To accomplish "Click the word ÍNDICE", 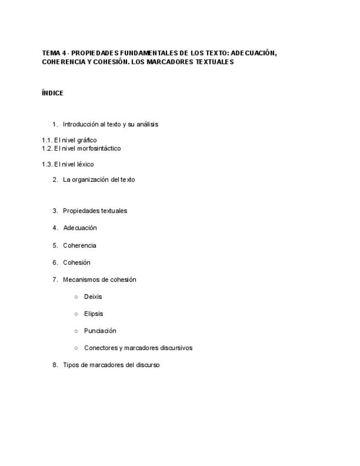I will pos(52,93).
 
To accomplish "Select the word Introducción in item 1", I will pos(80,124).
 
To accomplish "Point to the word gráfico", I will pos(87,140).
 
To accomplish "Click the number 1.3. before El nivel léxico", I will pos(47,164).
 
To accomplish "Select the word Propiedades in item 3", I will pos(80,210).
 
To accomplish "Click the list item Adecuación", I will pos(80,228).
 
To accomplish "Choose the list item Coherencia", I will pos(79,246).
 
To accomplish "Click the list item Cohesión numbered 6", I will pos(76,263).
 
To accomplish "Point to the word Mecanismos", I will pos(81,280).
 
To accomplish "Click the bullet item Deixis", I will pos(93,297).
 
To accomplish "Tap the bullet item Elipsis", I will pos(93,314).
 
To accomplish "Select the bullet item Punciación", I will pos(100,331).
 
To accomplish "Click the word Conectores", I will pos(101,348).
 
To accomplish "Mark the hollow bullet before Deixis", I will pos(76,297).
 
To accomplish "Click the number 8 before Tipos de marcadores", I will pos(55,365).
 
